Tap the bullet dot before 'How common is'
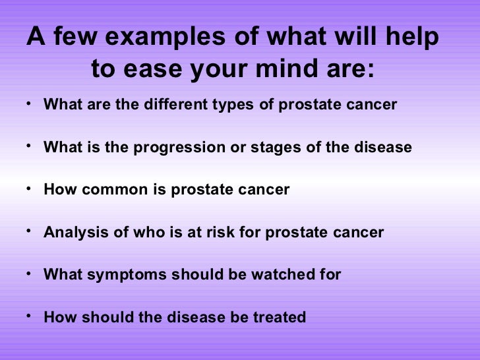click(x=31, y=189)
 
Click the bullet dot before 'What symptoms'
click(x=31, y=274)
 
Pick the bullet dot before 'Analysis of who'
click(x=31, y=231)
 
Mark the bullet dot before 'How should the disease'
click(x=31, y=316)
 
